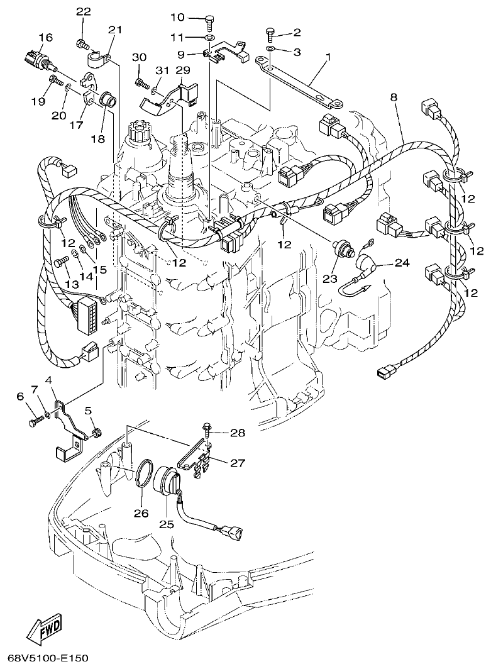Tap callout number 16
point(45,38)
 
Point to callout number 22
point(84,12)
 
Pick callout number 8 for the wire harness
point(394,97)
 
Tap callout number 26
point(141,513)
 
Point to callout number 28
point(238,433)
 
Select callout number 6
point(19,395)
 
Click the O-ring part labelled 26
point(144,475)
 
